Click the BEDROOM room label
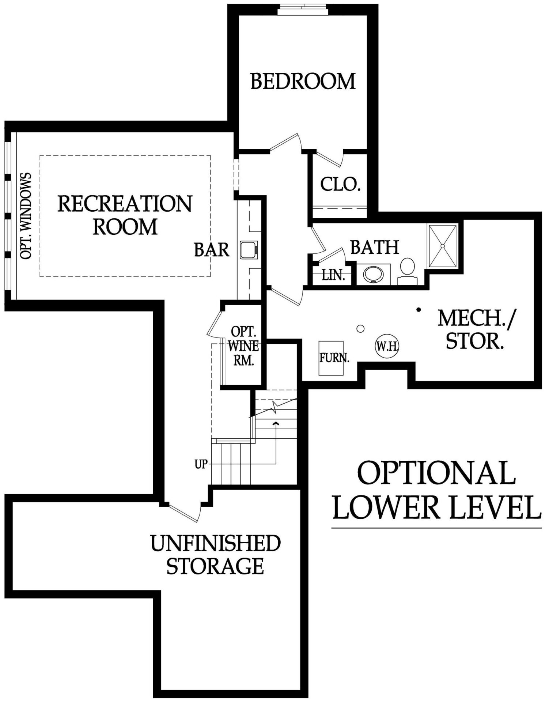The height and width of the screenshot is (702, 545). pyautogui.click(x=303, y=81)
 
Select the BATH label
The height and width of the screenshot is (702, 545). pyautogui.click(x=375, y=247)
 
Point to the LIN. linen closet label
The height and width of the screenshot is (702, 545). pyautogui.click(x=333, y=275)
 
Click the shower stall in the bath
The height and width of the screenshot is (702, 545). pyautogui.click(x=443, y=246)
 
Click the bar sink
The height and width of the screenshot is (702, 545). pyautogui.click(x=249, y=250)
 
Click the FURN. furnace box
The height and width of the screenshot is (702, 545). pyautogui.click(x=331, y=358)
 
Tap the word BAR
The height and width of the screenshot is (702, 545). pyautogui.click(x=212, y=250)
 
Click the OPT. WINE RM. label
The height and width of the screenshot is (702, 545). pyautogui.click(x=244, y=346)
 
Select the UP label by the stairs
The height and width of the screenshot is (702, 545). pyautogui.click(x=201, y=464)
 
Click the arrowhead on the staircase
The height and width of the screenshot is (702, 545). pyautogui.click(x=276, y=423)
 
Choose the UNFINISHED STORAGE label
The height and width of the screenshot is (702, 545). pyautogui.click(x=215, y=554)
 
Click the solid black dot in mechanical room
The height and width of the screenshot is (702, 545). pyautogui.click(x=419, y=310)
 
